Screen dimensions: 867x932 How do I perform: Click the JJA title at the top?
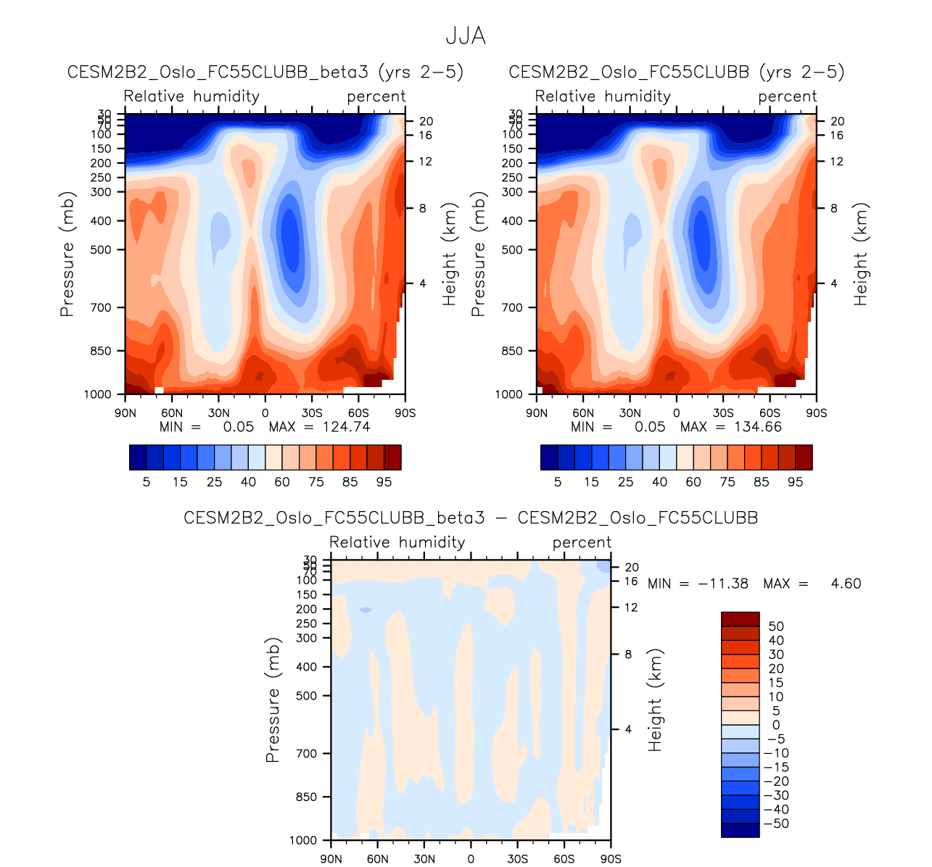466,36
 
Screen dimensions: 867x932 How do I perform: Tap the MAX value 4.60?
846,584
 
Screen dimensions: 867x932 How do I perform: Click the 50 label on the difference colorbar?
776,626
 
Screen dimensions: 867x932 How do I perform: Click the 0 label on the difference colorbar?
776,725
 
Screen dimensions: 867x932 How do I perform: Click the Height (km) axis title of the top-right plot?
861,254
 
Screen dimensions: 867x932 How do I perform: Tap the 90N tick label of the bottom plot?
331,859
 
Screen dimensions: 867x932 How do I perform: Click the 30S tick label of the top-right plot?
723,413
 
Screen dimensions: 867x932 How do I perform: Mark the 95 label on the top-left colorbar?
384,482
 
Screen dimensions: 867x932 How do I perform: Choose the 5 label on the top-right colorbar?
558,482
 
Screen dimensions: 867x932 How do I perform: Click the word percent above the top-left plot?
376,96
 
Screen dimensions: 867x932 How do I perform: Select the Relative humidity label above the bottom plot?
397,542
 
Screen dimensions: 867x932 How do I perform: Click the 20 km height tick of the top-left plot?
425,122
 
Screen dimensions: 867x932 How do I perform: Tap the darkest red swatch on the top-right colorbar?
804,457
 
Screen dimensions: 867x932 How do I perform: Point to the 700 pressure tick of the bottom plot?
307,754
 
